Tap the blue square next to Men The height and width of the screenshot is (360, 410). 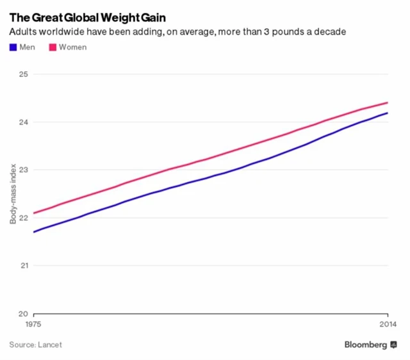point(13,47)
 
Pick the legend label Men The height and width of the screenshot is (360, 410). point(28,47)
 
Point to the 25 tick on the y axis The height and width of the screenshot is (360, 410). point(24,74)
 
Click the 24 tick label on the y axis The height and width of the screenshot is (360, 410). point(24,122)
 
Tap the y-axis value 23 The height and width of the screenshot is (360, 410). point(24,170)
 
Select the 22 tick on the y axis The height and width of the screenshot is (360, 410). point(24,217)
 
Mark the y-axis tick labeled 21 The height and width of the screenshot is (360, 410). point(24,265)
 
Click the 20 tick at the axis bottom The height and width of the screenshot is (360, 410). point(24,314)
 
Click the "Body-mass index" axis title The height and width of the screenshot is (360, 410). point(12,193)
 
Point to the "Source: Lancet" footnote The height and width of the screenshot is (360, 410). point(35,345)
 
